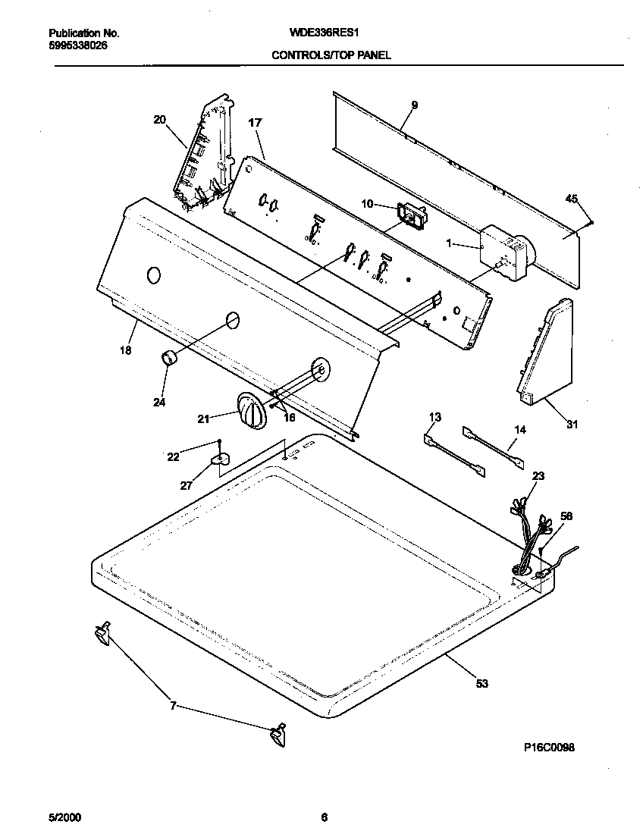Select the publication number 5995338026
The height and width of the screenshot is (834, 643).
click(72, 45)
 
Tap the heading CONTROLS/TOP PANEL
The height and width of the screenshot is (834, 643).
click(331, 55)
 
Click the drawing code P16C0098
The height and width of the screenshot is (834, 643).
click(549, 747)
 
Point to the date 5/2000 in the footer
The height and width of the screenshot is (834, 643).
click(64, 817)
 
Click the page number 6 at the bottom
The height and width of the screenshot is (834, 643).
click(324, 817)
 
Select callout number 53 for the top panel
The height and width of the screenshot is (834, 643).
click(481, 684)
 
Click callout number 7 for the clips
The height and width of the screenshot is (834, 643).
click(173, 706)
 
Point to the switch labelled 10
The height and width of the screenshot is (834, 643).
click(410, 217)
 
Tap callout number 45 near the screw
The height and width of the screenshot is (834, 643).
click(571, 199)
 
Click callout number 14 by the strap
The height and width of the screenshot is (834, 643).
click(519, 430)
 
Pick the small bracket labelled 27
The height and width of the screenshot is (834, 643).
click(220, 462)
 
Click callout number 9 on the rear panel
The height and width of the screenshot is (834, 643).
click(414, 105)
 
